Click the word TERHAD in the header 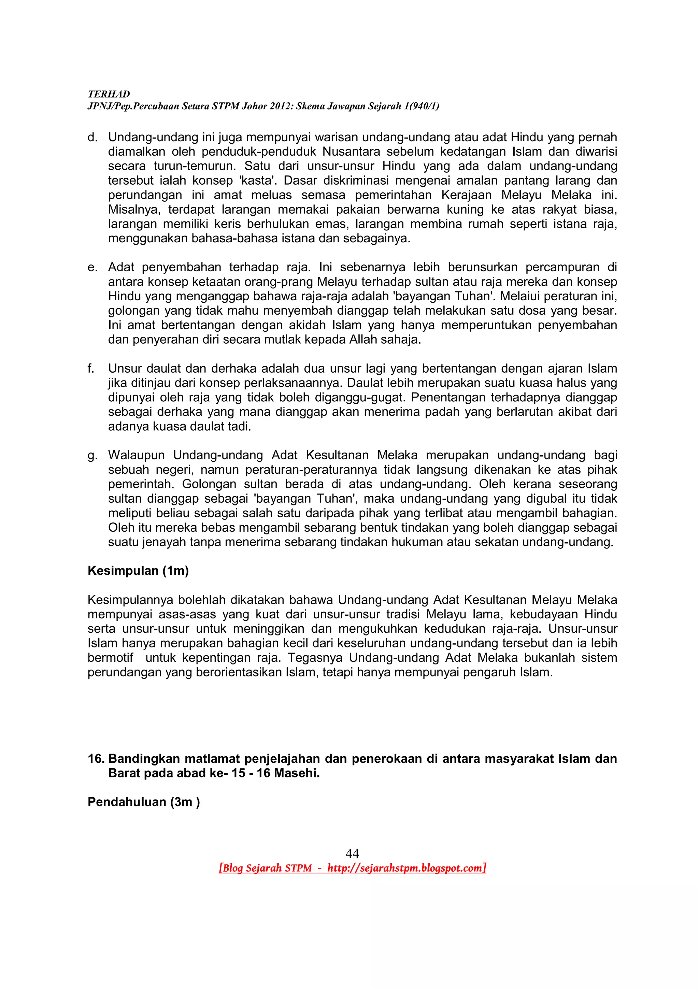pyautogui.click(x=109, y=94)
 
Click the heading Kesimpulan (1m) pyautogui.click(x=138, y=571)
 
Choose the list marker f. pyautogui.click(x=90, y=369)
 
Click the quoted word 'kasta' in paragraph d pyautogui.click(x=258, y=181)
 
